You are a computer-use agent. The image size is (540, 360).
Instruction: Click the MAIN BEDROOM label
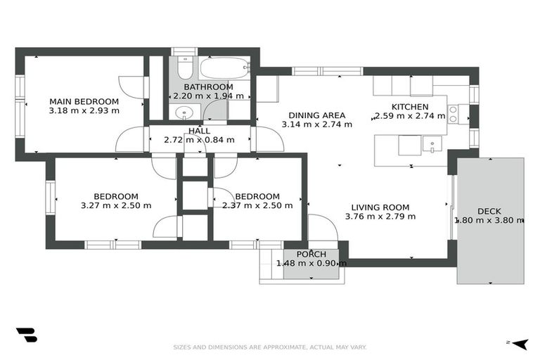pos(84,101)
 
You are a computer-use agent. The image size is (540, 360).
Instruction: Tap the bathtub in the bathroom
pos(224,68)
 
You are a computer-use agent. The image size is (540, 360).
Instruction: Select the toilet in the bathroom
pos(184,67)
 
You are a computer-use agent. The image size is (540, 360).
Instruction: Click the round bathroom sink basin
pos(184,112)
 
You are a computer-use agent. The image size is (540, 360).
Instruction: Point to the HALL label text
pos(199,131)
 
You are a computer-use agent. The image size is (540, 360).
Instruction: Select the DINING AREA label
pos(316,115)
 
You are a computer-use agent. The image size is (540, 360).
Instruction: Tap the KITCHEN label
pos(409,107)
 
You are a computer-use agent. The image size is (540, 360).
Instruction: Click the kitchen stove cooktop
pos(454,114)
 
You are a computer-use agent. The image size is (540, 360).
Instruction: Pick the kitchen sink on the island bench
pos(431,145)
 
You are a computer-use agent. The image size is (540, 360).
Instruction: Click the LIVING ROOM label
pos(380,207)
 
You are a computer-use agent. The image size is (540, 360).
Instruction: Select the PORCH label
pos(311,254)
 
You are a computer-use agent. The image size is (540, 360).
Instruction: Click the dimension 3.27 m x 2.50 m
pos(116,206)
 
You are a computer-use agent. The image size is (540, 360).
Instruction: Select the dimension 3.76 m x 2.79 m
pos(380,217)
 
